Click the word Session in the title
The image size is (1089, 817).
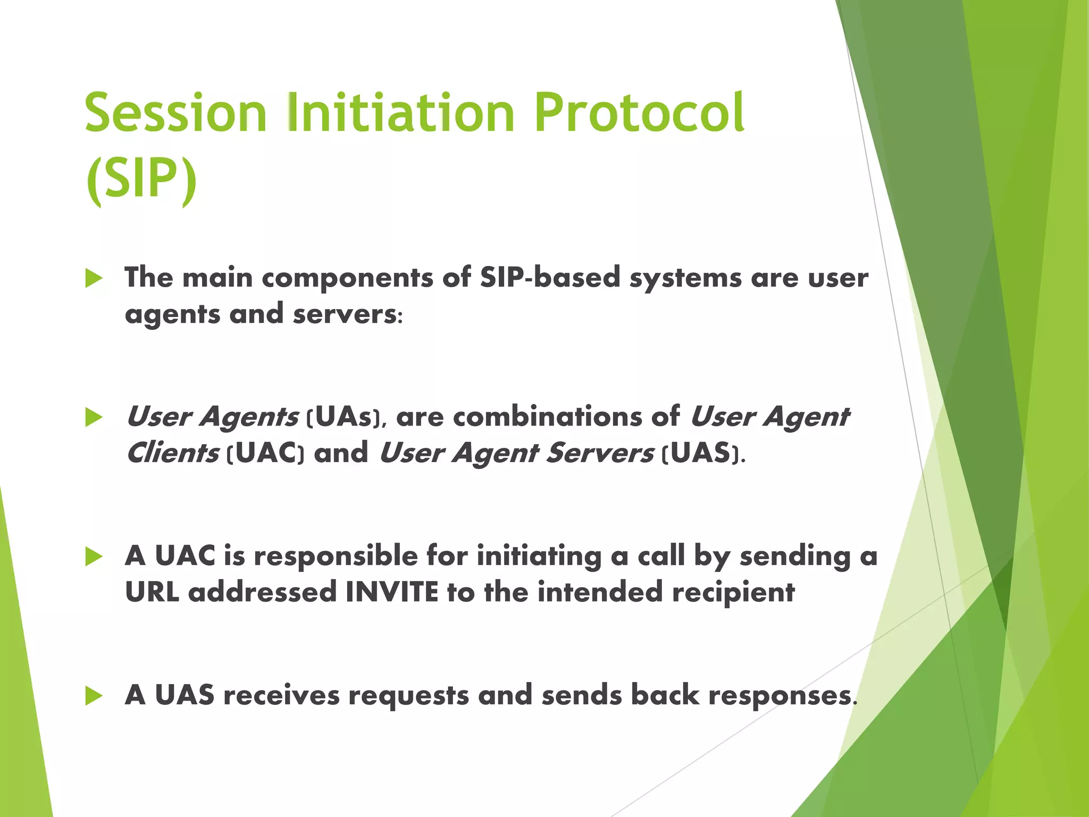[175, 113]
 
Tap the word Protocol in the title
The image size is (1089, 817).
[639, 113]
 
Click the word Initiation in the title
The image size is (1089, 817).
[400, 113]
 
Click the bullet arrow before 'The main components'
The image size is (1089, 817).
[94, 278]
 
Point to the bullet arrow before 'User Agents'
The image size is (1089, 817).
[94, 418]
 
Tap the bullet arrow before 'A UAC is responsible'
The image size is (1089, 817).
[94, 557]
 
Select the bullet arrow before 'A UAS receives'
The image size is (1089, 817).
[94, 696]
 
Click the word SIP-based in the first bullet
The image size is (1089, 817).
[550, 278]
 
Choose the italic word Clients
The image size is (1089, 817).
[172, 453]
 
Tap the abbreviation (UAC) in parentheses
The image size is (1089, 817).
[265, 453]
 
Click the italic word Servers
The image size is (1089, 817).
[599, 453]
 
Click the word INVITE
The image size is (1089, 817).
[392, 592]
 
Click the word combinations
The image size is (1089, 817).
[547, 417]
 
